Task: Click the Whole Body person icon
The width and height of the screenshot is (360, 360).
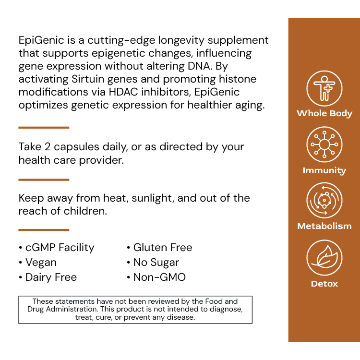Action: coord(324,88)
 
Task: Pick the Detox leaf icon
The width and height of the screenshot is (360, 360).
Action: coord(324,257)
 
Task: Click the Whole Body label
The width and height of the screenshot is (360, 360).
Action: coord(324,114)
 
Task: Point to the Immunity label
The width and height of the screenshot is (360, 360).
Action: coord(324,170)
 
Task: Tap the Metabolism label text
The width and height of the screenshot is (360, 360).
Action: coord(324,226)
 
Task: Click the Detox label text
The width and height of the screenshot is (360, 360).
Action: coord(324,284)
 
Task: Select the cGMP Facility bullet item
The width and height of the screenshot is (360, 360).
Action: coord(57,248)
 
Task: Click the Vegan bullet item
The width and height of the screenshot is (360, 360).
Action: coord(38,263)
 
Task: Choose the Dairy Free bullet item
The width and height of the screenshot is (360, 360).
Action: coord(48,277)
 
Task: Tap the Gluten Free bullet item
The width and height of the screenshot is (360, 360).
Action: coord(159,248)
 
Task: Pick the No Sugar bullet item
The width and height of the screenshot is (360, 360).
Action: coord(153,263)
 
